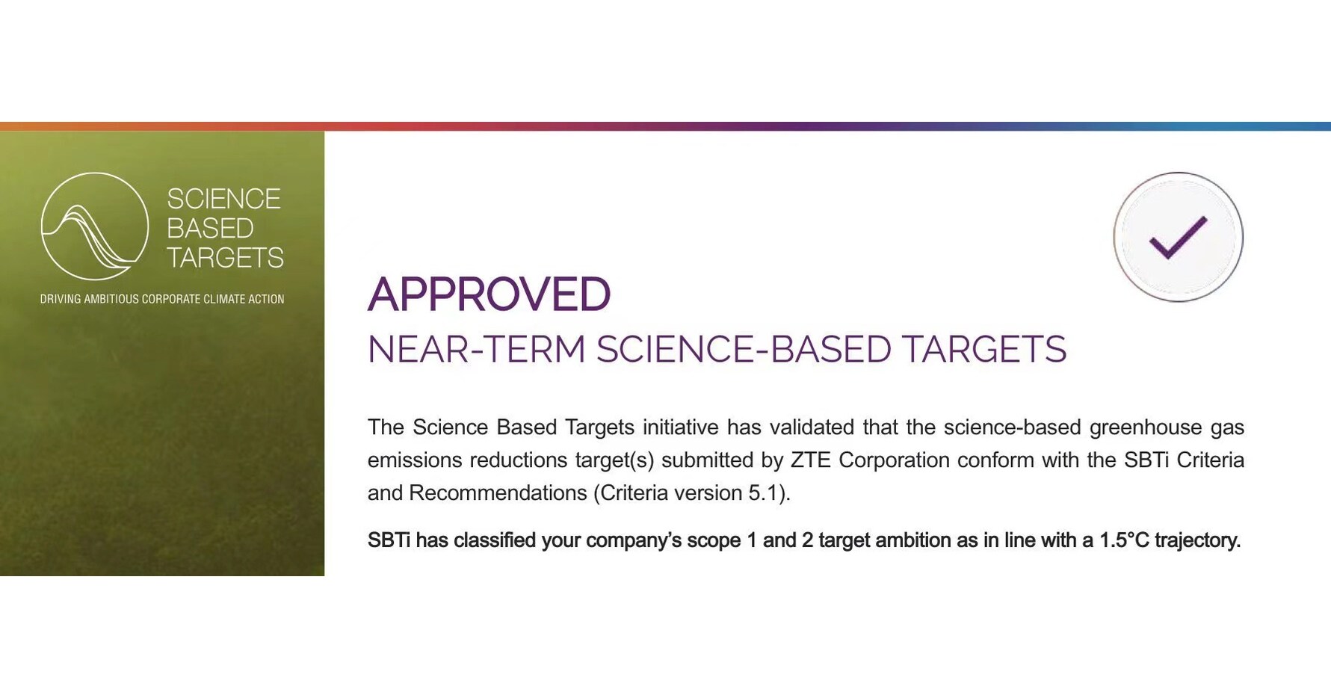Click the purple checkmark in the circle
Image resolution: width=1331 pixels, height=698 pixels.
point(1178,237)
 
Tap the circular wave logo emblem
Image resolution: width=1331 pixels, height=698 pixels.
point(94,226)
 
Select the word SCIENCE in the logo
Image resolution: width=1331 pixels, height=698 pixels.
point(223,199)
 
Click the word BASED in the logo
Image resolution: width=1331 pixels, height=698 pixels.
point(210,228)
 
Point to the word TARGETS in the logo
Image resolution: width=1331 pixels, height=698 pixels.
point(225,258)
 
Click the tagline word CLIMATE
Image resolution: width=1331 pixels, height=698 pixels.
point(224,299)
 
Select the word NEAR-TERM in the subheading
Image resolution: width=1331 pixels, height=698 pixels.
point(476,349)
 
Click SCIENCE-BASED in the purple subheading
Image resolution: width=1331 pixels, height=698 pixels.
point(744,349)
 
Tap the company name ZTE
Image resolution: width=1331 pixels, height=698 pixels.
point(811,460)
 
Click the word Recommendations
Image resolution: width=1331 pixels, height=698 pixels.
point(498,493)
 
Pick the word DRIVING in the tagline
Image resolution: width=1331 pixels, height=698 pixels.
point(59,299)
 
